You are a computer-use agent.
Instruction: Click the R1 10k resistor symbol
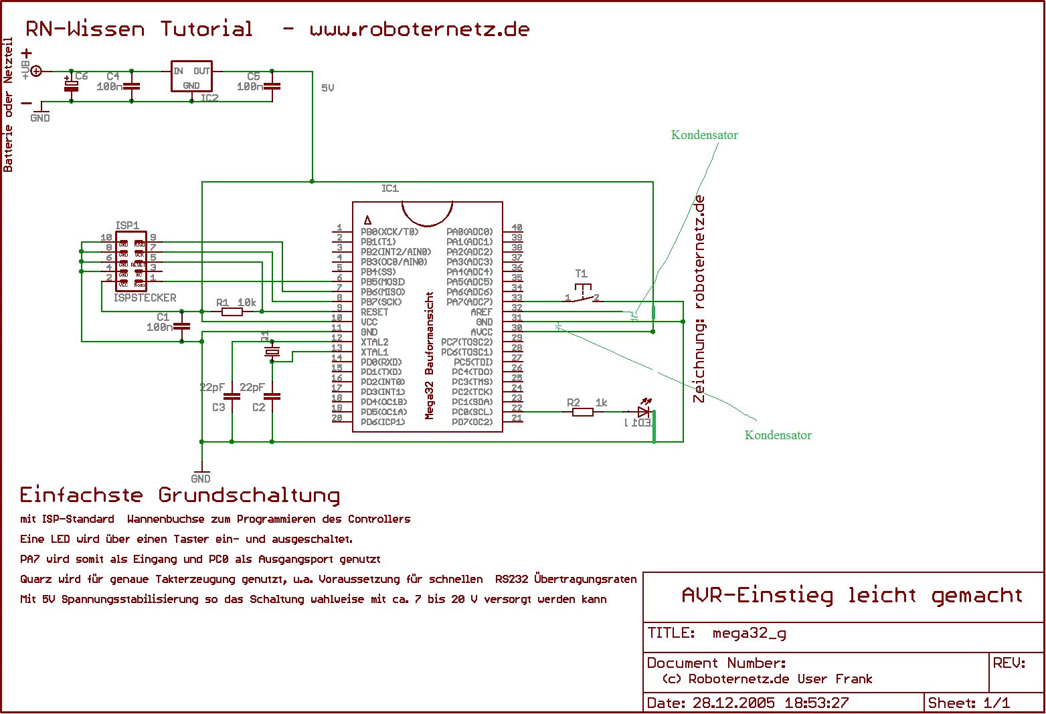(232, 312)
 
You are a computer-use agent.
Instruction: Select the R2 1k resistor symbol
(583, 412)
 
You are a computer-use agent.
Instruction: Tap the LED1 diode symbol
(644, 412)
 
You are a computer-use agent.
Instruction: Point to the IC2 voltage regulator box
(191, 78)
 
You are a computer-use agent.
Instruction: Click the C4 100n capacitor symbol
(132, 86)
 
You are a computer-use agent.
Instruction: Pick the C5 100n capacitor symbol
(272, 86)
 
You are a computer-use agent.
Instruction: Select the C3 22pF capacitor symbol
(232, 396)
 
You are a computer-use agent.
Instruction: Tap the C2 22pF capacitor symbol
(272, 396)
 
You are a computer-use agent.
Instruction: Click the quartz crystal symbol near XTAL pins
(272, 352)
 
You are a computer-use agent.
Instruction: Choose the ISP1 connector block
(131, 261)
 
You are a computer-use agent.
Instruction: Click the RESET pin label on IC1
(374, 312)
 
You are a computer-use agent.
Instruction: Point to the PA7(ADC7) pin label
(469, 302)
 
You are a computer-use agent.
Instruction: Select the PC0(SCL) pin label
(472, 412)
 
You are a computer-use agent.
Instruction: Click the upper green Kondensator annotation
(704, 135)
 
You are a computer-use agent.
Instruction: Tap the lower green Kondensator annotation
(778, 435)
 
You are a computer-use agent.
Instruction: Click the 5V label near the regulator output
(327, 88)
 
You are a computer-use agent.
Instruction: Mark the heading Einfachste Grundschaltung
(180, 495)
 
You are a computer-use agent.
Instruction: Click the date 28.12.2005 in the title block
(733, 703)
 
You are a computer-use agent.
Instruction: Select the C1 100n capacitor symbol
(182, 326)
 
